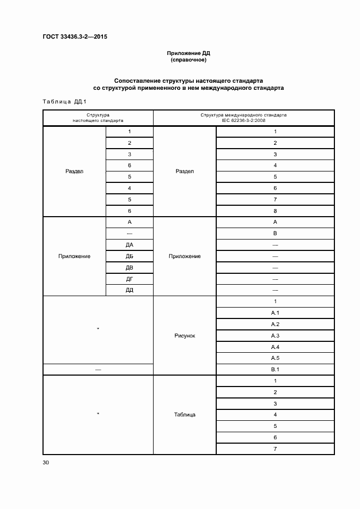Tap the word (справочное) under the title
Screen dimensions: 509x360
188,59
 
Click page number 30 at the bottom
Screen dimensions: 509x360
46,463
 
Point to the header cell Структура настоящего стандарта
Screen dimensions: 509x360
98,118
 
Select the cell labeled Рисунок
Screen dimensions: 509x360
185,335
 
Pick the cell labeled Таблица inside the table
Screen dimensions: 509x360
185,415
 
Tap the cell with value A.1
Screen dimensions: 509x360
275,313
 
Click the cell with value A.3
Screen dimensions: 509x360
275,335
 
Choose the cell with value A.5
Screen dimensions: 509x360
275,358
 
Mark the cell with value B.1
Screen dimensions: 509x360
275,370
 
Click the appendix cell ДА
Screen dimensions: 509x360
130,245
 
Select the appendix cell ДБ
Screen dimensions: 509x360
130,256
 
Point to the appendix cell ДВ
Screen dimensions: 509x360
130,267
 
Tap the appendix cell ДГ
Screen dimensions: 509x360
130,279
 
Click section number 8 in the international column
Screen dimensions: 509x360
275,211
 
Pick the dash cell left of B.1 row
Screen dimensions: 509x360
98,370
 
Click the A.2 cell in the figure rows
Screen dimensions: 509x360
275,324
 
